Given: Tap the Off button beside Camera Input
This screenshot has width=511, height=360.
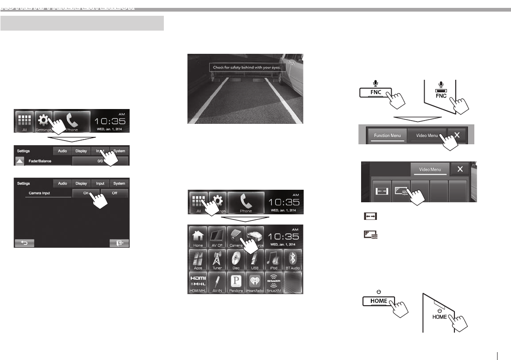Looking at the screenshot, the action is coord(114,193).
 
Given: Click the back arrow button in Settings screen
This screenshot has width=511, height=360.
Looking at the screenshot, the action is coord(24,243).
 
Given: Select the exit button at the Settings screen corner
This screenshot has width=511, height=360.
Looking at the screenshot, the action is coord(119,243).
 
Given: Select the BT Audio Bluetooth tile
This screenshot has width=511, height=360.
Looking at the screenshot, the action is coord(293,260).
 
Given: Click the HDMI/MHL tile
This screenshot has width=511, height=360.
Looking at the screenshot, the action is coord(197,283).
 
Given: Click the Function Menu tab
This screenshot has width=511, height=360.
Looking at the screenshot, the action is coord(387,135).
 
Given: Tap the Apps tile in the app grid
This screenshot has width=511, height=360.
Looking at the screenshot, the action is coord(197,260).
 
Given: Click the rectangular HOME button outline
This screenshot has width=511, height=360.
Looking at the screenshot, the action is coord(378,301).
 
